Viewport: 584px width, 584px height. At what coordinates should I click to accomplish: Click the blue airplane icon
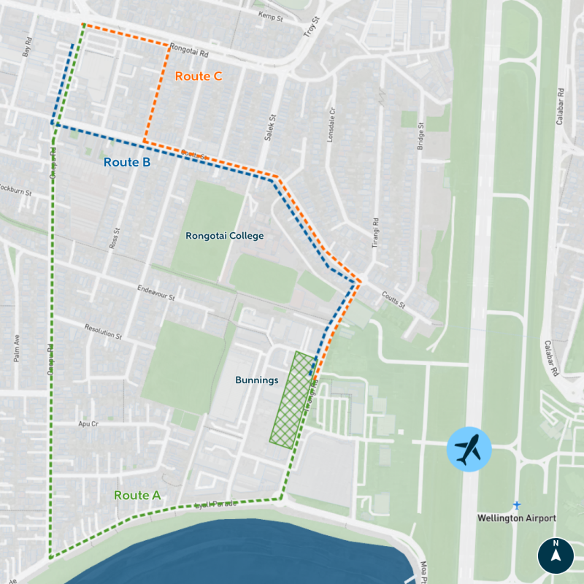point(469,449)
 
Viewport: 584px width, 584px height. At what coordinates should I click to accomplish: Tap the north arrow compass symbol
point(556,556)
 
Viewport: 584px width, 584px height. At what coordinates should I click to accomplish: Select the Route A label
point(137,495)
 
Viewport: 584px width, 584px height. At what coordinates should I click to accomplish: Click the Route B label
point(127,163)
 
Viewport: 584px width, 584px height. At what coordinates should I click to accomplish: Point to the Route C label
point(199,76)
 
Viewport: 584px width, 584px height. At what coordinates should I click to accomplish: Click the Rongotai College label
point(224,236)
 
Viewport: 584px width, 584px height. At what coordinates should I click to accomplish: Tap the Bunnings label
point(257,380)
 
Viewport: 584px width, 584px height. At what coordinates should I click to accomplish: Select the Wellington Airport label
point(516,518)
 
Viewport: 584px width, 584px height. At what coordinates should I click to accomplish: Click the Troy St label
point(312,28)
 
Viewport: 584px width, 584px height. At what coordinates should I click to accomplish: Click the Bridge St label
point(421,136)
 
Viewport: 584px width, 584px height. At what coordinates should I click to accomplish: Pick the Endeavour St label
point(156,293)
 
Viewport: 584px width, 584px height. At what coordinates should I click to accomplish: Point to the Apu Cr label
point(88,423)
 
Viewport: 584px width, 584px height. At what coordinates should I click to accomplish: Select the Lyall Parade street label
point(216,504)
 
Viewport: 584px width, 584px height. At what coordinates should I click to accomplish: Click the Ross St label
point(113,238)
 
